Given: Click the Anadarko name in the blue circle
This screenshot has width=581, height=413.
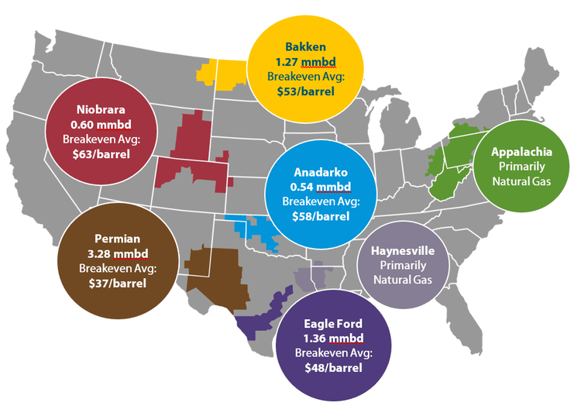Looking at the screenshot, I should tap(320, 172).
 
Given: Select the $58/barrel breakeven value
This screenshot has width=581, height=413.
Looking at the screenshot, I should tap(320, 216).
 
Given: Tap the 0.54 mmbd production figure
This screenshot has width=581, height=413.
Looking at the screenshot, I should tap(320, 187).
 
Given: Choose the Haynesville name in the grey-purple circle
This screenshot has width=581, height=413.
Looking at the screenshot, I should tap(402, 252).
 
